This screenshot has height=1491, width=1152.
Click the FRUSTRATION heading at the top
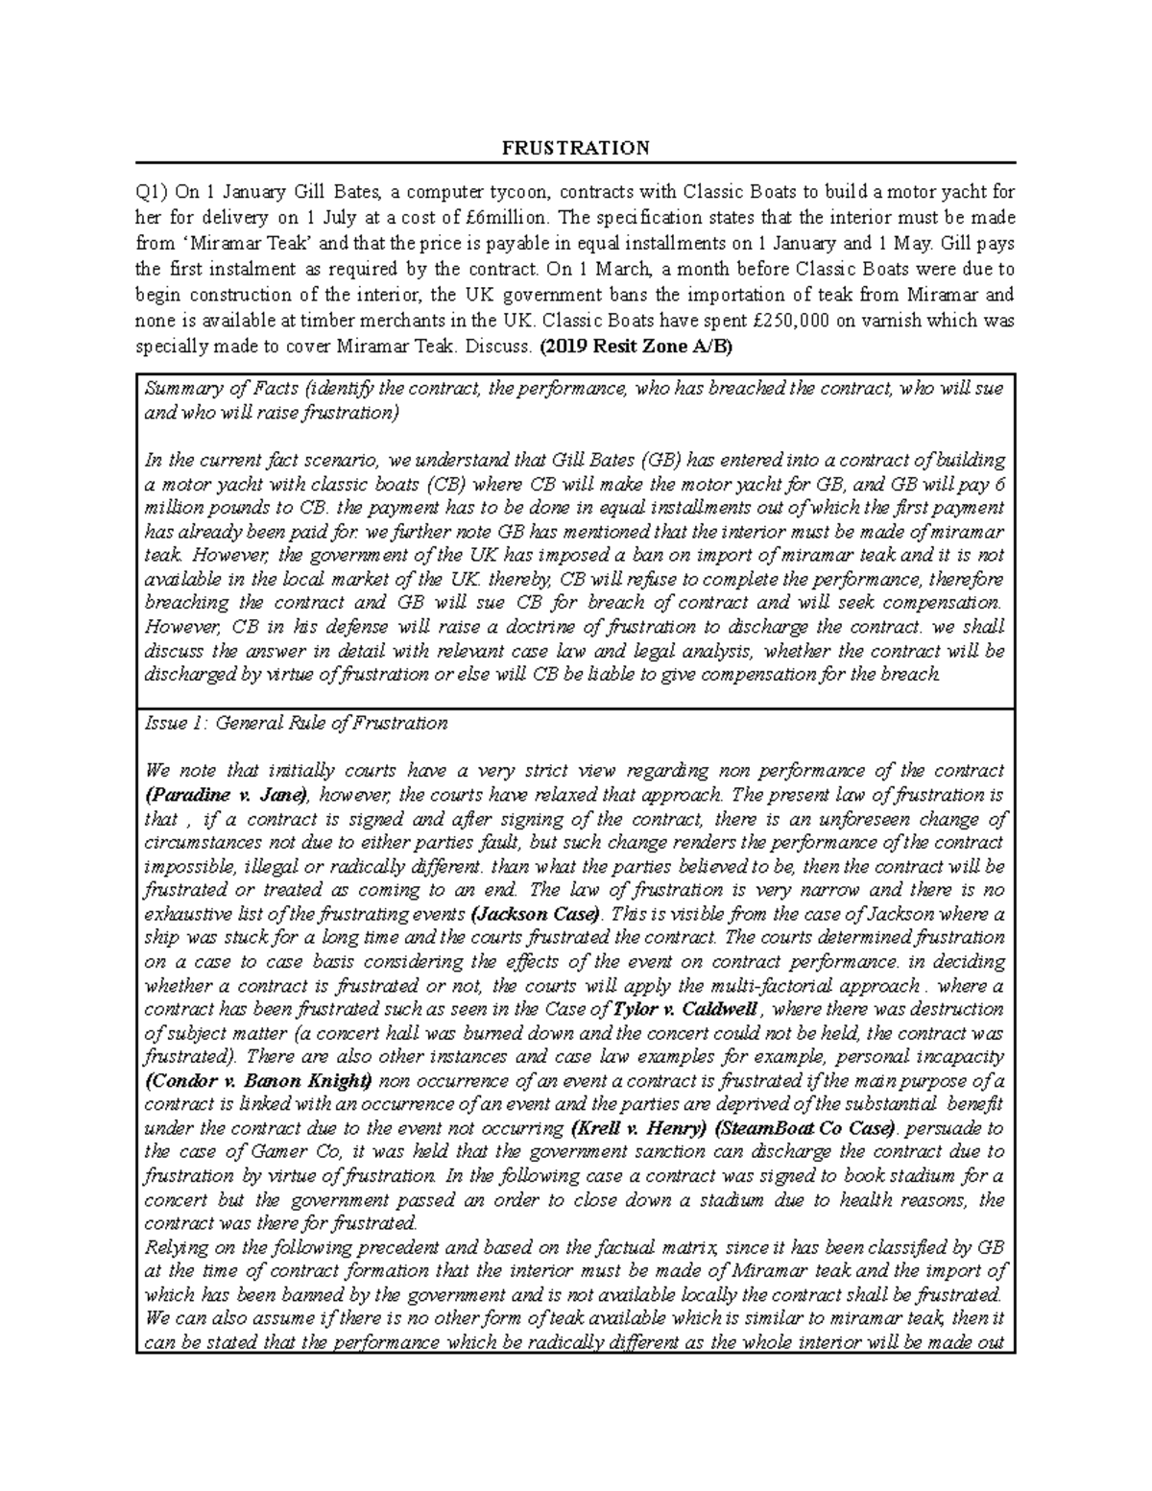click(577, 147)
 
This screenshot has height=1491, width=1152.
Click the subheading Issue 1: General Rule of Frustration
click(295, 723)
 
